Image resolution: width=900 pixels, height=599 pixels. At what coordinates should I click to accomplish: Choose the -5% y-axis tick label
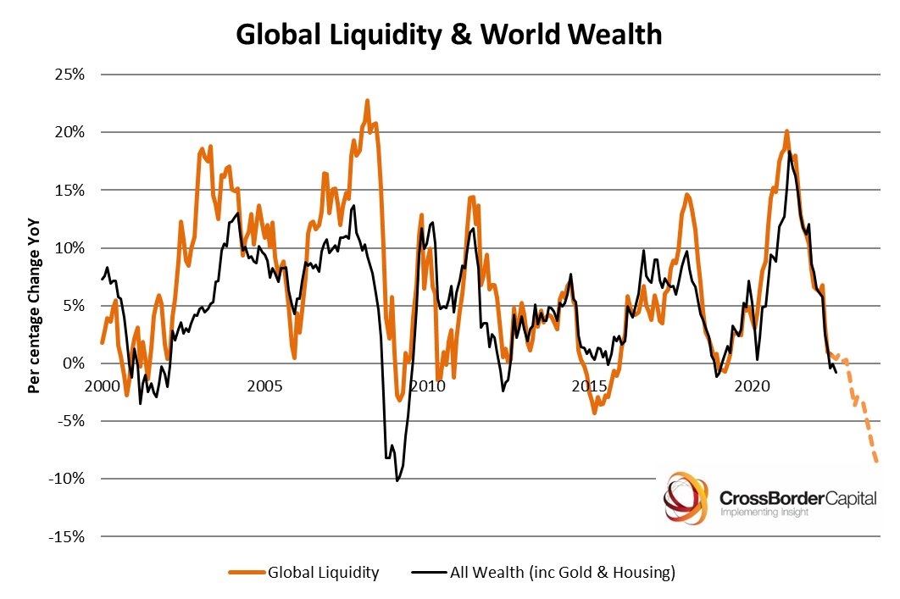(71, 421)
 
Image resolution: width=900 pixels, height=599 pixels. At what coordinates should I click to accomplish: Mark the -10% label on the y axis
(68, 479)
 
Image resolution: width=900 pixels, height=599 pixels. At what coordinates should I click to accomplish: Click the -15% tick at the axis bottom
(68, 536)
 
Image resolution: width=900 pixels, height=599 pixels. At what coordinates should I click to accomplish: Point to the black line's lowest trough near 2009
(397, 480)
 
